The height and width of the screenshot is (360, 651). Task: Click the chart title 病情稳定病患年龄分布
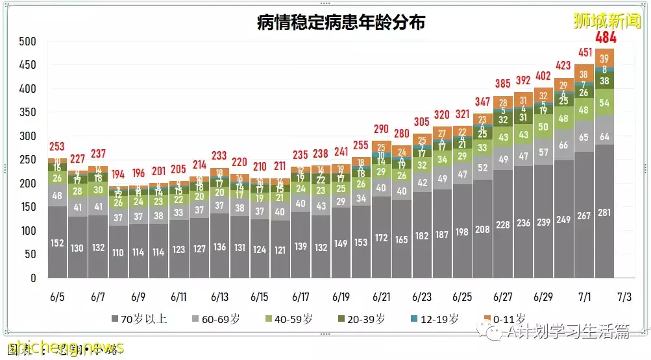tap(341, 23)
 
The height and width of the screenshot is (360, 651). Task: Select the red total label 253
tap(57, 147)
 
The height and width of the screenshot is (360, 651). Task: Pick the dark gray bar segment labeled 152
tap(57, 243)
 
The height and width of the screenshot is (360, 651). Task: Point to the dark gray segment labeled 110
tap(118, 253)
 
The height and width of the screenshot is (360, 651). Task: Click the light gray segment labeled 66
tap(564, 145)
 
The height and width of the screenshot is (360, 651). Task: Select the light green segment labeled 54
tap(604, 103)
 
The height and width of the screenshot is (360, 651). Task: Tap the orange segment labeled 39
tap(604, 58)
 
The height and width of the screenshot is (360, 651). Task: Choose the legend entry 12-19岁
tap(439, 318)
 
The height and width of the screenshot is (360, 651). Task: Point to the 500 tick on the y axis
tap(27, 42)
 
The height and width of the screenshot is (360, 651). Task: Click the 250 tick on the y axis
tap(27, 160)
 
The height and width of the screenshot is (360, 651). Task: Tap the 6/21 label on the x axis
tap(381, 297)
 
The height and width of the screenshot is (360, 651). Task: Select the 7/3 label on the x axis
tap(624, 297)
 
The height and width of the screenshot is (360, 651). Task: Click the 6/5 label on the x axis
tap(57, 297)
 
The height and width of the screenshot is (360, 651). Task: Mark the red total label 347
tap(482, 102)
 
